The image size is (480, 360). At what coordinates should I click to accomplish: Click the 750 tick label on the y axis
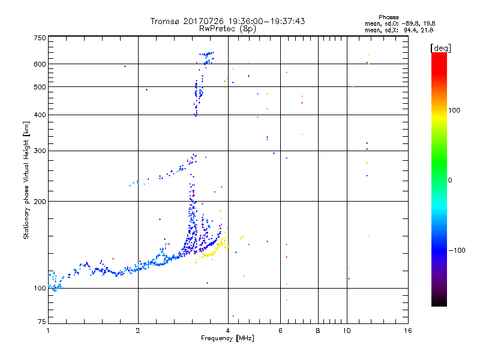point(40,38)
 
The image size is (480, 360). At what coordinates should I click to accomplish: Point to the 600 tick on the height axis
point(40,64)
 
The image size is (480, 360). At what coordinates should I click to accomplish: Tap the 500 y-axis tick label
point(40,87)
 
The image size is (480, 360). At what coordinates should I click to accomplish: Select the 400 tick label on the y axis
point(40,115)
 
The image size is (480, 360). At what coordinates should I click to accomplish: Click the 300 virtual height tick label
point(40,151)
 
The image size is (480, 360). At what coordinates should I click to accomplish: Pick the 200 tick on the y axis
point(40,202)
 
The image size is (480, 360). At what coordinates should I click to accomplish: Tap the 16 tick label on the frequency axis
point(407,331)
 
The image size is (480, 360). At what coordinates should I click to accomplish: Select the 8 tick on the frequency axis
point(318,331)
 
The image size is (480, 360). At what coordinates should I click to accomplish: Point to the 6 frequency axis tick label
point(280,331)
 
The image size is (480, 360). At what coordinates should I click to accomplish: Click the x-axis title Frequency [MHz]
point(227,339)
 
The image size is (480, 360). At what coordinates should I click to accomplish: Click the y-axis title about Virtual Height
point(26,180)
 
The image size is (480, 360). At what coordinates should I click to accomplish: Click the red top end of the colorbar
point(439,56)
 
